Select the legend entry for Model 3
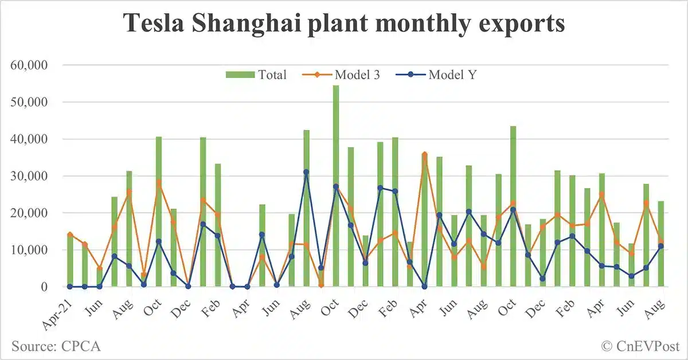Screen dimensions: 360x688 (x=357, y=75)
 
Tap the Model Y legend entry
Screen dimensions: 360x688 (x=450, y=75)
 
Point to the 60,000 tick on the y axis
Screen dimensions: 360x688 (x=29, y=65)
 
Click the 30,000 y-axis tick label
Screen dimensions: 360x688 (x=29, y=176)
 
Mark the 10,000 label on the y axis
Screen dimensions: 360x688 (x=29, y=250)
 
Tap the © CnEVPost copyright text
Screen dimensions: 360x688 (x=640, y=346)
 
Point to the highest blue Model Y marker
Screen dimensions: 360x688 (x=306, y=172)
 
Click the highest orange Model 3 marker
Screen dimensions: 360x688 (x=425, y=154)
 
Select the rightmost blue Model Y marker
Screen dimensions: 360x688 (x=661, y=246)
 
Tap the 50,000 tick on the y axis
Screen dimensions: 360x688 (x=29, y=102)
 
